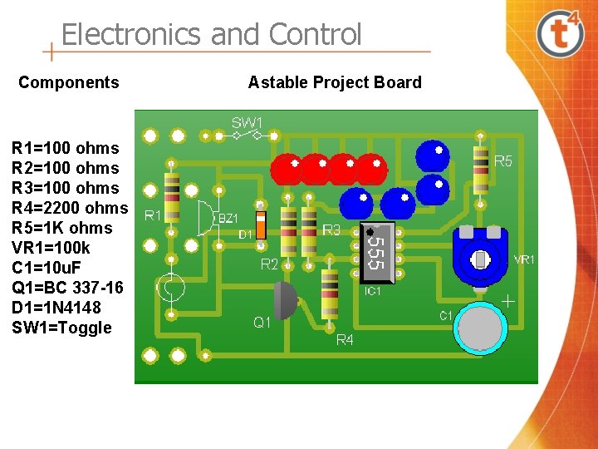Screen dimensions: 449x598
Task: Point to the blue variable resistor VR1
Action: coord(480,258)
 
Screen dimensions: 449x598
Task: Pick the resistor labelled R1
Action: coord(172,197)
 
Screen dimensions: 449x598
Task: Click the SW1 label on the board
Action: coord(247,123)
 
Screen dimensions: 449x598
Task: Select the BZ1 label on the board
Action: coord(228,218)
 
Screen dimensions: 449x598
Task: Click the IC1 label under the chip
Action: coord(374,291)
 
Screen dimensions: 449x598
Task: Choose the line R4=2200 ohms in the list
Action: coord(70,208)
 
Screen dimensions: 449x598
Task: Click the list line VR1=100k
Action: coord(51,248)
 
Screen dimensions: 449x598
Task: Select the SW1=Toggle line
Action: coord(61,328)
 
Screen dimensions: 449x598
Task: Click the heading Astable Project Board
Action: coord(335,82)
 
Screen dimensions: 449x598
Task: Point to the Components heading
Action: coord(69,82)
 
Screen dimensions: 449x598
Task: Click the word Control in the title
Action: coord(316,35)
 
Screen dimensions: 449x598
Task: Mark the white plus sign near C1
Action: coord(507,301)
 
